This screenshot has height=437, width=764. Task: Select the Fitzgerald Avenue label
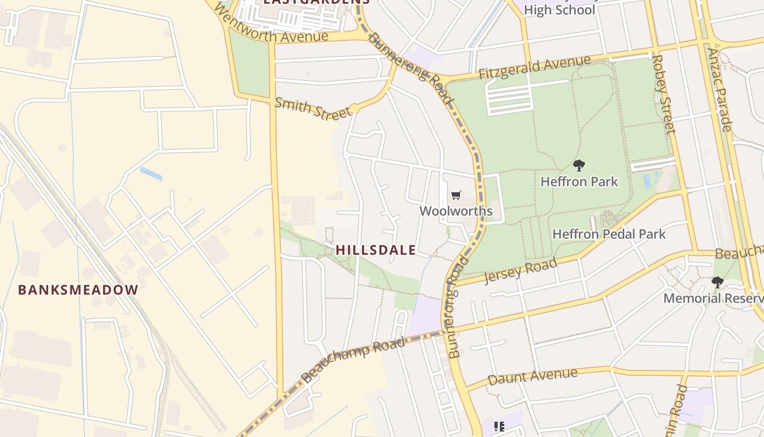point(534,67)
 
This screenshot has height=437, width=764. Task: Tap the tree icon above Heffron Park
point(579,165)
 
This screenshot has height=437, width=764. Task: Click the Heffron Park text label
point(579,181)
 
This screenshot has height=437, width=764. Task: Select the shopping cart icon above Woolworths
point(456,195)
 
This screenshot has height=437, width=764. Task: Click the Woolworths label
point(456,211)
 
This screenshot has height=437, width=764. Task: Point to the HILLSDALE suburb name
point(375,250)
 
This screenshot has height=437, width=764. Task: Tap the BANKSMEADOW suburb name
point(78,290)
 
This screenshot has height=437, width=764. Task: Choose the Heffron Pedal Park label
point(609,234)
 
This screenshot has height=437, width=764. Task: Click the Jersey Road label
point(521,270)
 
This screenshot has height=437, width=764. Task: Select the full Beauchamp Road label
point(353,358)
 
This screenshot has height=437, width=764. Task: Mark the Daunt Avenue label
point(532,376)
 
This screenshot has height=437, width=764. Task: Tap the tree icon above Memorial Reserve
point(717,282)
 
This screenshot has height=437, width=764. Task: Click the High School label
point(559,10)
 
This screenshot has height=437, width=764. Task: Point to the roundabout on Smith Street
point(355,109)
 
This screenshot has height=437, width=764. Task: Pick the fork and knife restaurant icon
point(499,426)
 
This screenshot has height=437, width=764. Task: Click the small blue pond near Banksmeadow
point(151,174)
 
